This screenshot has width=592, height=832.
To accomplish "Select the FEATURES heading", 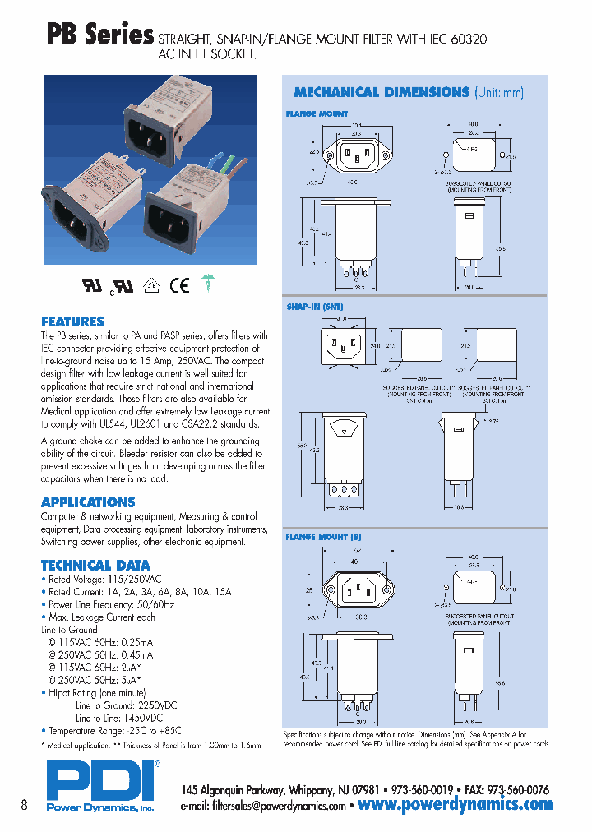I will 72,321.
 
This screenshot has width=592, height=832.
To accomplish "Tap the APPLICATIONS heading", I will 88,502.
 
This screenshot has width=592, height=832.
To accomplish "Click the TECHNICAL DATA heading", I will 95,565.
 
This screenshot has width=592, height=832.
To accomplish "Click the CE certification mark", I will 179,285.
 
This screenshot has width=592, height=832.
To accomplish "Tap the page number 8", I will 25,806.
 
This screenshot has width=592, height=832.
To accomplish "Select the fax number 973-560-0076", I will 518,788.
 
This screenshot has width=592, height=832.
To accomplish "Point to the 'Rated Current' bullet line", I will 140,591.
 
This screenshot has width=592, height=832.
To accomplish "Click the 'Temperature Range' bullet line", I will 114,730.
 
